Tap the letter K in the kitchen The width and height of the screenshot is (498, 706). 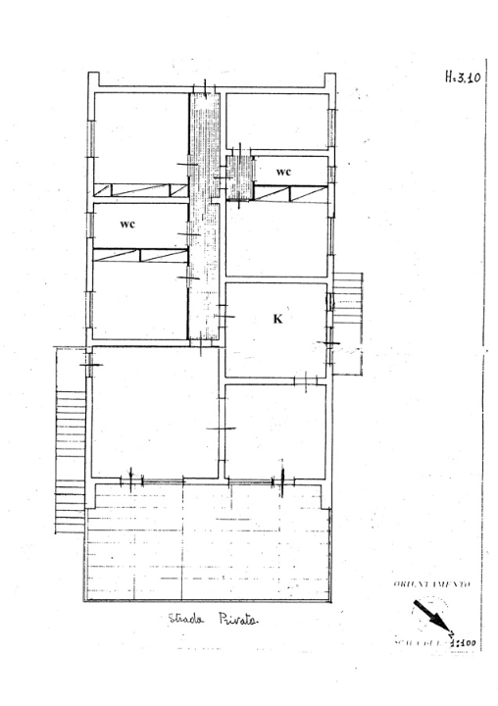pyautogui.click(x=277, y=319)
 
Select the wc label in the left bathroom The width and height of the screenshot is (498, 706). pyautogui.click(x=127, y=224)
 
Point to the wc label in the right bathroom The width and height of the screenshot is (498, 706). pyautogui.click(x=283, y=172)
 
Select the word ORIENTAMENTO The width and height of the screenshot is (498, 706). pyautogui.click(x=432, y=584)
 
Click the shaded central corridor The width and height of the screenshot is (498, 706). pyautogui.click(x=204, y=216)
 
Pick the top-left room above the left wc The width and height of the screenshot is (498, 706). pyautogui.click(x=140, y=135)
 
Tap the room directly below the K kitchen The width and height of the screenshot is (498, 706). pyautogui.click(x=274, y=431)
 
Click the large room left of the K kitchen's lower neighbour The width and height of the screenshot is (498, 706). pyautogui.click(x=154, y=412)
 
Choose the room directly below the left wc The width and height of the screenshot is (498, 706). pyautogui.click(x=139, y=299)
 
